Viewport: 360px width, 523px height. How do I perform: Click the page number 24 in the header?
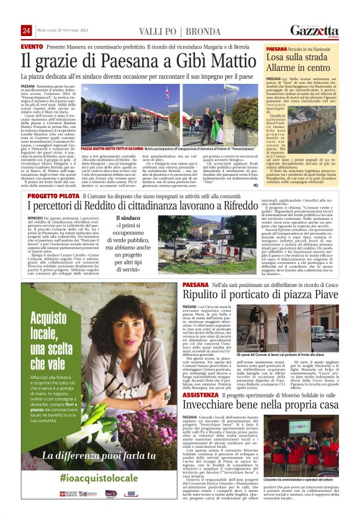[x=26, y=30]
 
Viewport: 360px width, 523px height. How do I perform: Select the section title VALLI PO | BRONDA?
[x=164, y=30]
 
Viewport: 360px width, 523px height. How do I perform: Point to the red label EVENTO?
[x=32, y=47]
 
